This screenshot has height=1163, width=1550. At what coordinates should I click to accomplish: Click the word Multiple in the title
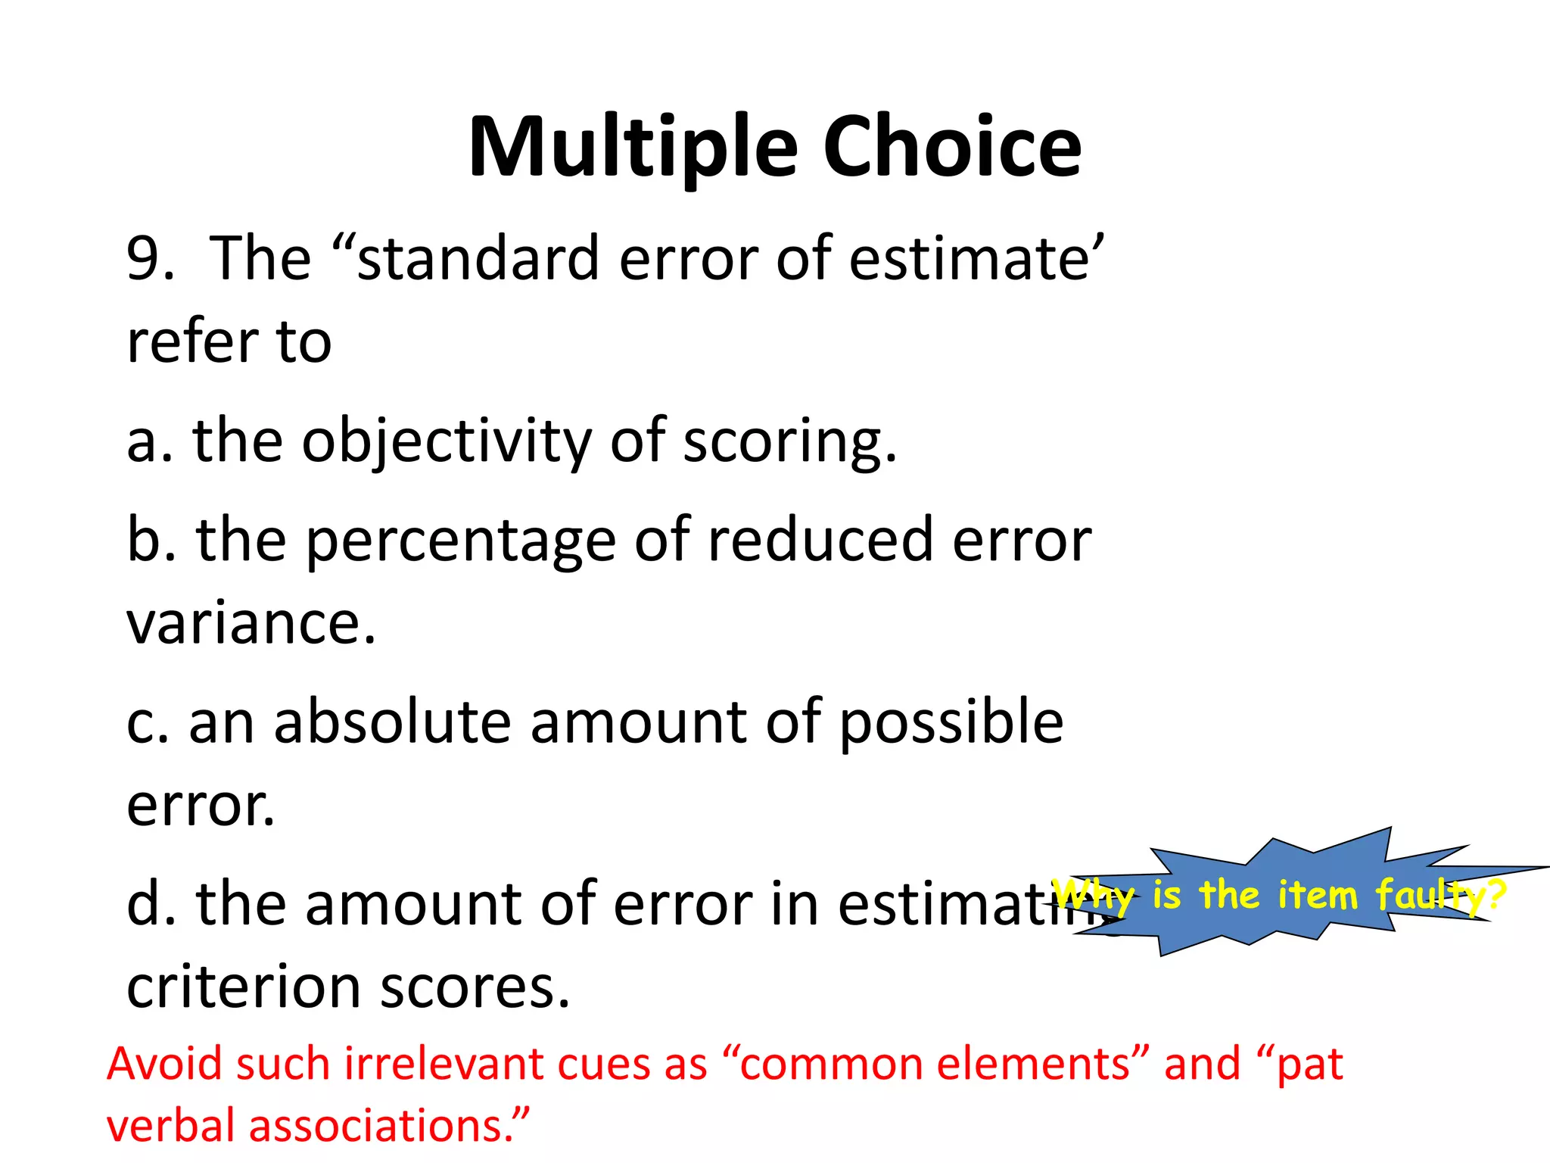click(633, 148)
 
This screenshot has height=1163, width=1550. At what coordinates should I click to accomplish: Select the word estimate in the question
click(969, 259)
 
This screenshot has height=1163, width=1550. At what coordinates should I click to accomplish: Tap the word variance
click(250, 622)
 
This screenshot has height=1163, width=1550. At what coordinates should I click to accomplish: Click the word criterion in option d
click(244, 987)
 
